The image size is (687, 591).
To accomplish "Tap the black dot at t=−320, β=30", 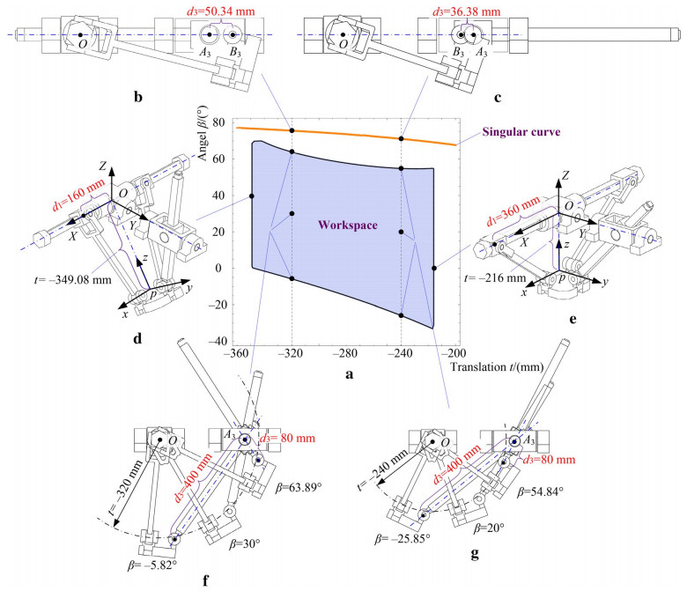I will click(292, 213).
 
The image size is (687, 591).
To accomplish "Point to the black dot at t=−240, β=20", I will click(401, 232).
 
